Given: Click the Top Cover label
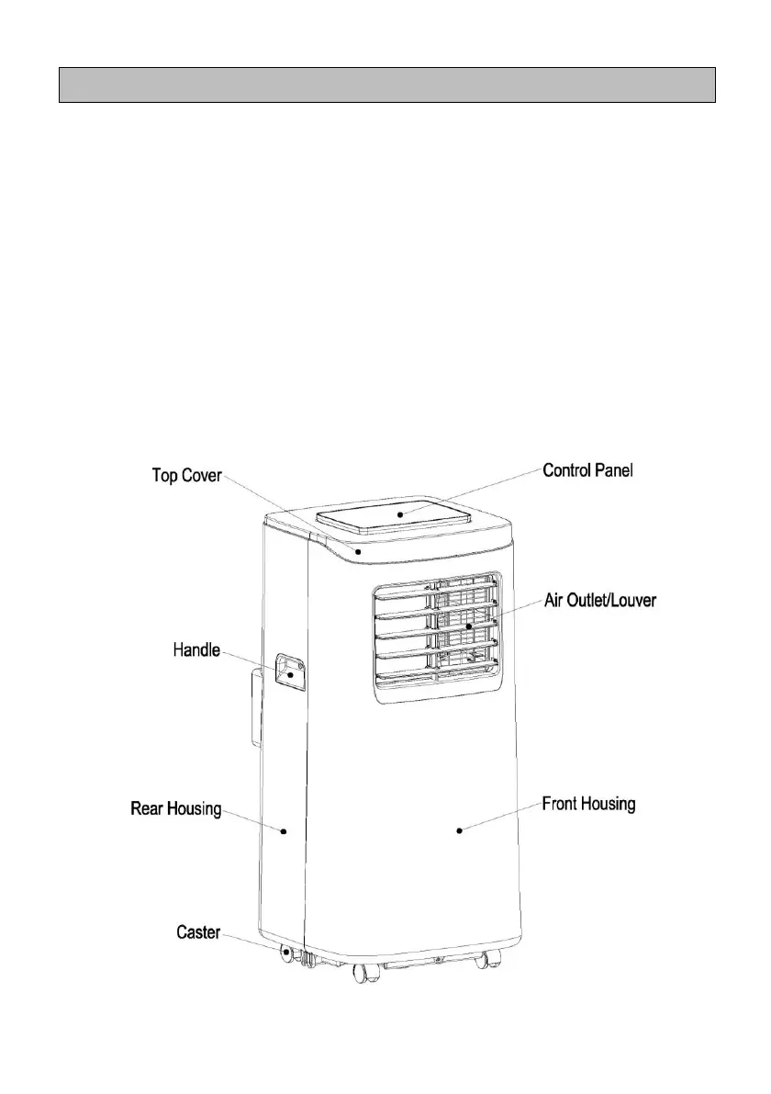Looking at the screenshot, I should click(x=186, y=478).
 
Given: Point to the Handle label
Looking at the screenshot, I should click(x=196, y=650).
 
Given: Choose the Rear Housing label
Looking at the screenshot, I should click(x=175, y=808).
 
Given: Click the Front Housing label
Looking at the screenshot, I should click(x=588, y=805).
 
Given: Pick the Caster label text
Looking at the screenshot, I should click(x=198, y=932).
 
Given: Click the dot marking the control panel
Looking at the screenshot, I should click(x=401, y=515).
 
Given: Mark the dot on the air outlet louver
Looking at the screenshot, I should click(x=467, y=627).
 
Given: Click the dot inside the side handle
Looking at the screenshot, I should click(x=291, y=674).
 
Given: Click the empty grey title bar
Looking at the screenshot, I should click(x=386, y=85).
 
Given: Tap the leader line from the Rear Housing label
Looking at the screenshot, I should click(x=252, y=820).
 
